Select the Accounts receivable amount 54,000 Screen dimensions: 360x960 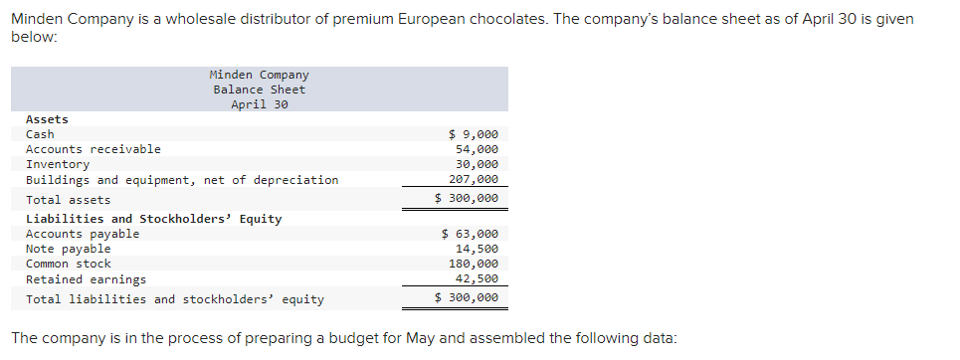coord(477,149)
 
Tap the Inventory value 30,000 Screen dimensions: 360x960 coord(477,164)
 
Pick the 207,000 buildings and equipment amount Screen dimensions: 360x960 coord(474,180)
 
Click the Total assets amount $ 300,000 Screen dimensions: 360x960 coord(467,199)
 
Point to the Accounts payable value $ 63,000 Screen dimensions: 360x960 coord(470,234)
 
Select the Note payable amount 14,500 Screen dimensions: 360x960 coord(477,249)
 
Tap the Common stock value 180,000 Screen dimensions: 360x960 coord(474,264)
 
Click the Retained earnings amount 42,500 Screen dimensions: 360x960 coord(477,279)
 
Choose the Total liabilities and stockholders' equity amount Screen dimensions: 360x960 coord(467,298)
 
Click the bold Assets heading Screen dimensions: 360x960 coord(47,119)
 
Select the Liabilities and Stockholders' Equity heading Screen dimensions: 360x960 coord(153,219)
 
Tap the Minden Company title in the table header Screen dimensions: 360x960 coord(259,75)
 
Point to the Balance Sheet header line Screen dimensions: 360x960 coord(259,90)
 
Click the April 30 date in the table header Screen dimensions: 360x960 coord(259,104)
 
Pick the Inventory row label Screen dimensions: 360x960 coord(58,164)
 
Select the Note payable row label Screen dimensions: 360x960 coord(68,249)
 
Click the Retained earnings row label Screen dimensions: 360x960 coord(86,279)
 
